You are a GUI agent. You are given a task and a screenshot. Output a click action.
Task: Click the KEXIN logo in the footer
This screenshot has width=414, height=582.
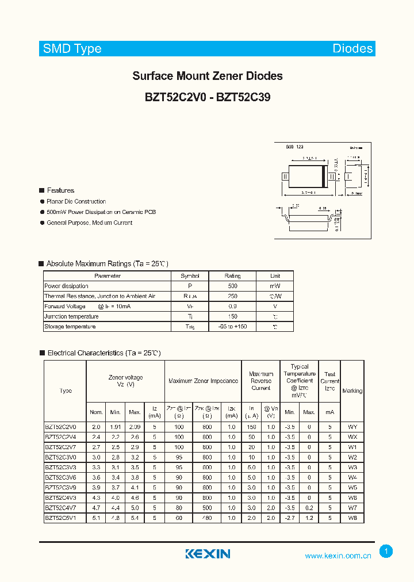(208, 554)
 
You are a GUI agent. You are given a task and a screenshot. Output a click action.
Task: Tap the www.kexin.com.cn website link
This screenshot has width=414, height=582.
(338, 556)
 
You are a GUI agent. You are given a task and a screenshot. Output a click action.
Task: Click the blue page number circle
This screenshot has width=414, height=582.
(386, 552)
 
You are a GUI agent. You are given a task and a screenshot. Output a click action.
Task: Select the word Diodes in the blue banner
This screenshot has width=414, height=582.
(352, 49)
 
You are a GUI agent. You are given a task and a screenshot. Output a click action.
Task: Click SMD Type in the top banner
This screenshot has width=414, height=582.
(72, 49)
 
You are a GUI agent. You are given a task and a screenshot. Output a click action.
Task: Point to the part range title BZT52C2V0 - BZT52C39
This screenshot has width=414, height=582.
(208, 98)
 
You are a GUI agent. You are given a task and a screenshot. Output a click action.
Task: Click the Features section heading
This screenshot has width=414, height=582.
(60, 190)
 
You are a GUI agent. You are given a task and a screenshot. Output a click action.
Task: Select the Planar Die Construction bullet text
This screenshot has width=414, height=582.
(76, 201)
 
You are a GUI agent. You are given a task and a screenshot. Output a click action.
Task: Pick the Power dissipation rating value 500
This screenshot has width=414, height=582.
(232, 286)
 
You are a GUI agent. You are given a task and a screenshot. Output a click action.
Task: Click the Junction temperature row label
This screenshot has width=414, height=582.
(71, 316)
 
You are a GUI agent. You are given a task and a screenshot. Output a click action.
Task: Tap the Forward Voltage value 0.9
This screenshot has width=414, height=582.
(232, 307)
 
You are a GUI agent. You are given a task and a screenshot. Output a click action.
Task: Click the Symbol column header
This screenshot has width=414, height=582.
(190, 276)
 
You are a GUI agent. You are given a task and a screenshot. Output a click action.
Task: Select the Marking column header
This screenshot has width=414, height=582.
(352, 391)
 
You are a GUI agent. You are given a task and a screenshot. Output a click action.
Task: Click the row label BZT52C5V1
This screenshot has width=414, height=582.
(64, 518)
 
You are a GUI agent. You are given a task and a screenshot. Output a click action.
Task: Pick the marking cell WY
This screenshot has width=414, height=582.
(352, 427)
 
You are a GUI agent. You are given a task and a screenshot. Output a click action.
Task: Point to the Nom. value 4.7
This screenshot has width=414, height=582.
(96, 508)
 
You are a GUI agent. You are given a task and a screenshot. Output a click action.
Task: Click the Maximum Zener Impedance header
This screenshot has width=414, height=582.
(203, 381)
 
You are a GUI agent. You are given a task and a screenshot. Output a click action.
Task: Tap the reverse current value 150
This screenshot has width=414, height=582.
(251, 427)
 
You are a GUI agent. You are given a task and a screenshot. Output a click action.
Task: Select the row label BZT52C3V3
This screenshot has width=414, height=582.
(64, 468)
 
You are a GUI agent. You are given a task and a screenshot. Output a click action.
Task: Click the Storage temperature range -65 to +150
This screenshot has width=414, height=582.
(232, 327)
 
